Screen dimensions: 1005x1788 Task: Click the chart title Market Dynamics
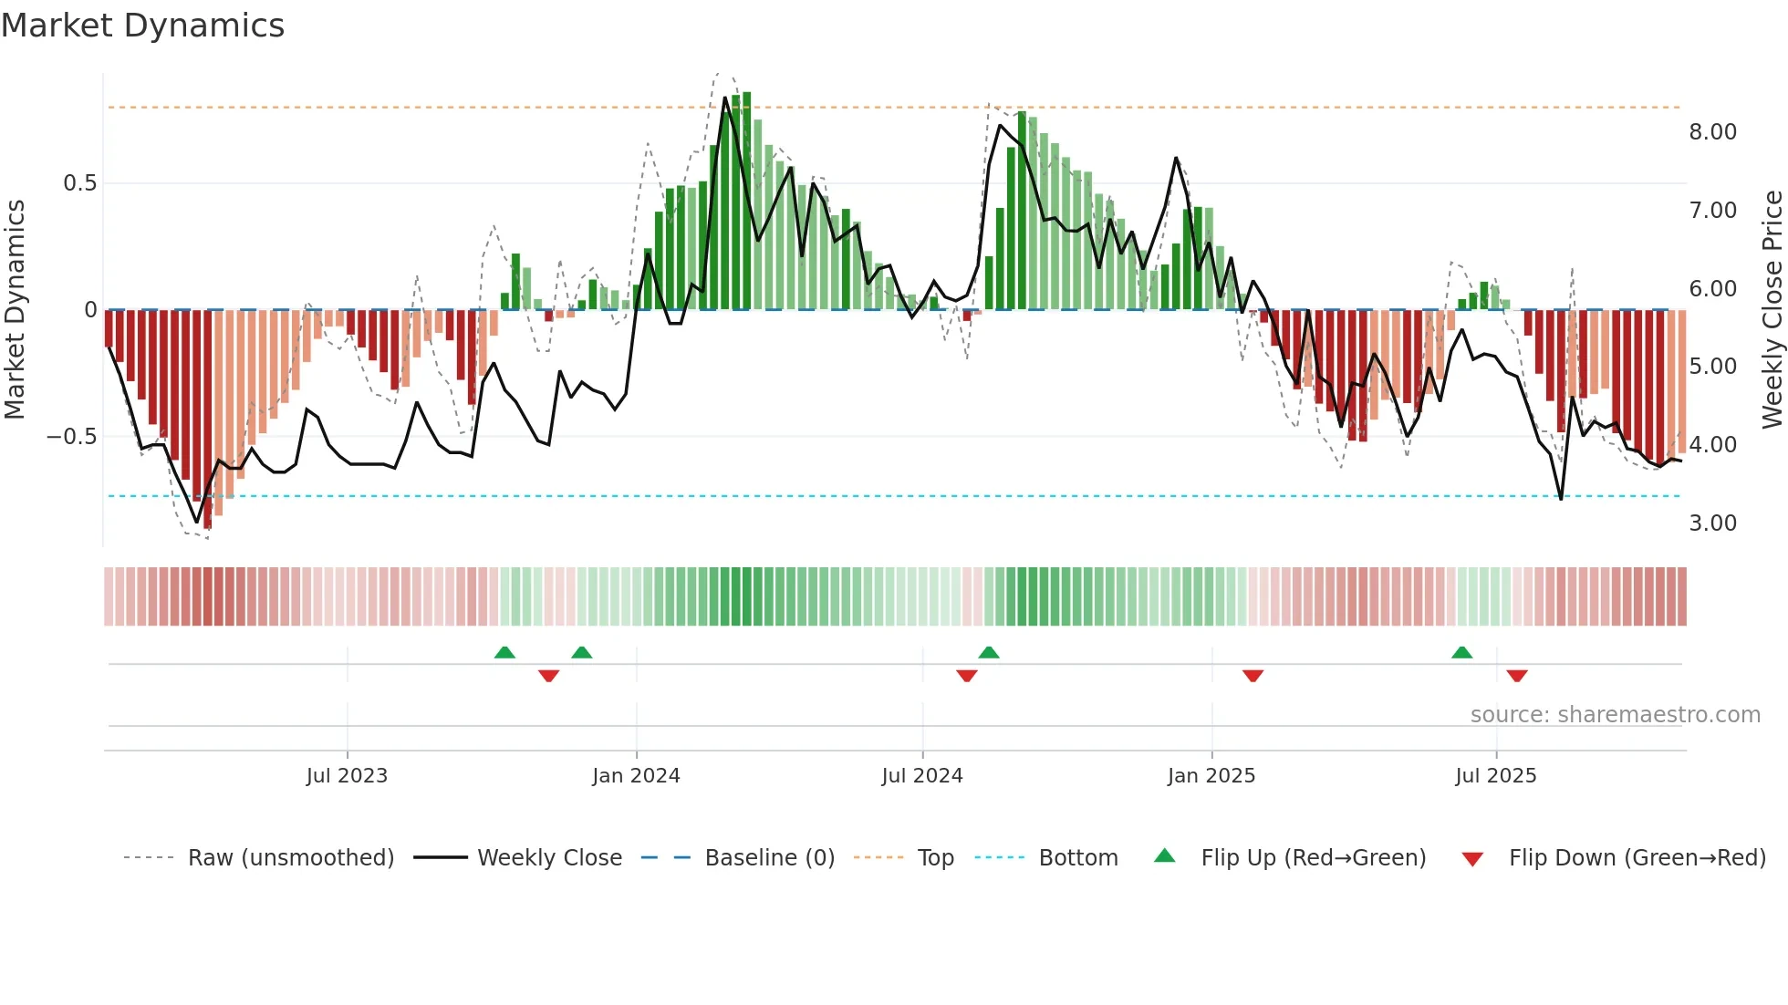142,26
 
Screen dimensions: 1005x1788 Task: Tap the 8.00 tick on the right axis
1712,132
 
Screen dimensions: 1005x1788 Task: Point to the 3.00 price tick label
1712,523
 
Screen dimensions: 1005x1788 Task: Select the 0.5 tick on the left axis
79,183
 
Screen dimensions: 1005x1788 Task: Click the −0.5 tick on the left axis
72,437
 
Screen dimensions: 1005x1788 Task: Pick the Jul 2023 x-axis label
347,776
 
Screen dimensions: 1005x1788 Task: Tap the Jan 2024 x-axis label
636,776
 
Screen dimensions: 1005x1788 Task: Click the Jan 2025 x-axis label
1211,776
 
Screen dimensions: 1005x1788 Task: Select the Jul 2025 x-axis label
1496,776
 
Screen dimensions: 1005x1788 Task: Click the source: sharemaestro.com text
1615,715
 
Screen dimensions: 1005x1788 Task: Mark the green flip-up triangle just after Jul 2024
989,652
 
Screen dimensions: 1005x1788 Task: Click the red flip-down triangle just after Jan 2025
1253,676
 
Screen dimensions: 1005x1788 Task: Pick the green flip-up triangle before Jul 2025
1461,652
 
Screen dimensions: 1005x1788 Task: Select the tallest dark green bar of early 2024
746,201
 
